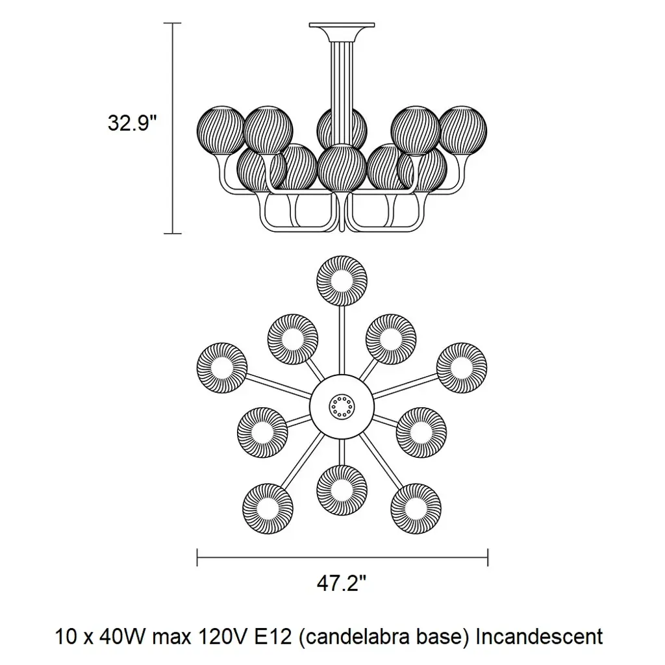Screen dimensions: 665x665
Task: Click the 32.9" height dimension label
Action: (133, 123)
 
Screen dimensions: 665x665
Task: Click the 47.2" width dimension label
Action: (342, 584)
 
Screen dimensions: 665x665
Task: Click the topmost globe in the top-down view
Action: (342, 280)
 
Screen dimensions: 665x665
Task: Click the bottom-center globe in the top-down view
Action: (342, 489)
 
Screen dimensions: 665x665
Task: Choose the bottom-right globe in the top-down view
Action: (416, 507)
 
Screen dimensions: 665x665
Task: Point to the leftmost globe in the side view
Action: (220, 130)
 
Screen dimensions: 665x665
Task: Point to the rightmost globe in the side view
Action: (464, 130)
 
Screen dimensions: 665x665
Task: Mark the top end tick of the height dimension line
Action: (172, 23)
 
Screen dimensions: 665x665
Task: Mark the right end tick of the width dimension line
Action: (488, 557)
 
